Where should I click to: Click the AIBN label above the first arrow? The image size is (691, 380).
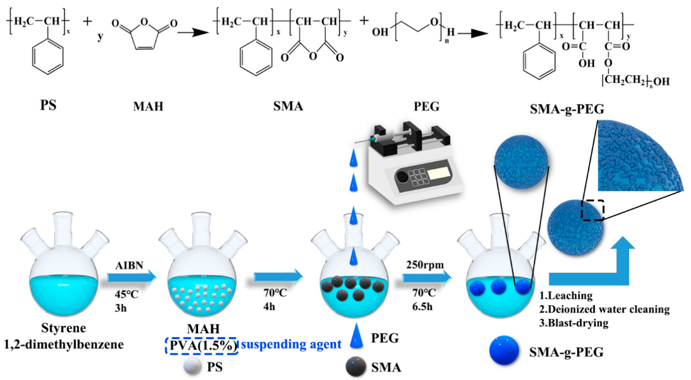coord(129,265)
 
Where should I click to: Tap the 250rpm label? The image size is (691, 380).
coord(425,265)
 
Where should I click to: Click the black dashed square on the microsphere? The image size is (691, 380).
coord(592,210)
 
